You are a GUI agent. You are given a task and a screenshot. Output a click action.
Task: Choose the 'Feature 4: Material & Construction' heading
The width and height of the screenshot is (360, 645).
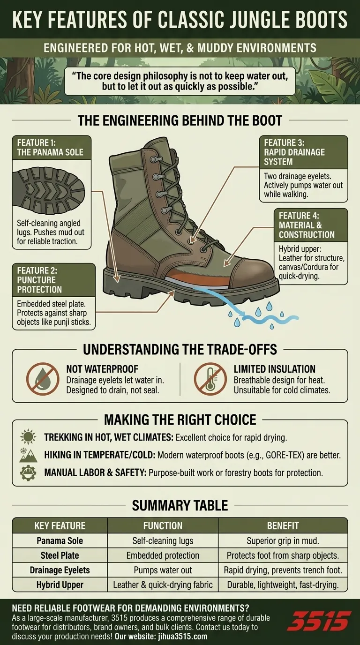(307, 225)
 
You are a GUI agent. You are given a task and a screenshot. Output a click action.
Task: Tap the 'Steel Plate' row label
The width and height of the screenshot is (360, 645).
(60, 555)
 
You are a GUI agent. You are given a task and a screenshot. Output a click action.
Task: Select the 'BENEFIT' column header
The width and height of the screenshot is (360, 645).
(283, 525)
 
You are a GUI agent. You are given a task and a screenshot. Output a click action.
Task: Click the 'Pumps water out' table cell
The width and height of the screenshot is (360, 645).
(163, 570)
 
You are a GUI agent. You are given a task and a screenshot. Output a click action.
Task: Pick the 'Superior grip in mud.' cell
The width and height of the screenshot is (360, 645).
(283, 540)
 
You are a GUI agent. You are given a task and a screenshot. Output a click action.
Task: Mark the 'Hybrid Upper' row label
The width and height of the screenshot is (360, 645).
(60, 585)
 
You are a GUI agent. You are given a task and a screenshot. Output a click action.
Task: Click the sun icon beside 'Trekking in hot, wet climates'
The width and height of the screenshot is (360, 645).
(28, 437)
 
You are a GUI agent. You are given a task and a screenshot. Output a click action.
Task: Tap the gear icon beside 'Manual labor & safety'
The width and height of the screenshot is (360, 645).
(28, 472)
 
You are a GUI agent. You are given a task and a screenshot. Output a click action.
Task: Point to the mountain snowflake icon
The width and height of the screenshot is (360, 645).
(28, 455)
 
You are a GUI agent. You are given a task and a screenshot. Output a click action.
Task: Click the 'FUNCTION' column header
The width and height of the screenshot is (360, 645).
(163, 525)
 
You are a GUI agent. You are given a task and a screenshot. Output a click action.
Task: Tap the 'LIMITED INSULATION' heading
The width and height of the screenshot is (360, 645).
(274, 369)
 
